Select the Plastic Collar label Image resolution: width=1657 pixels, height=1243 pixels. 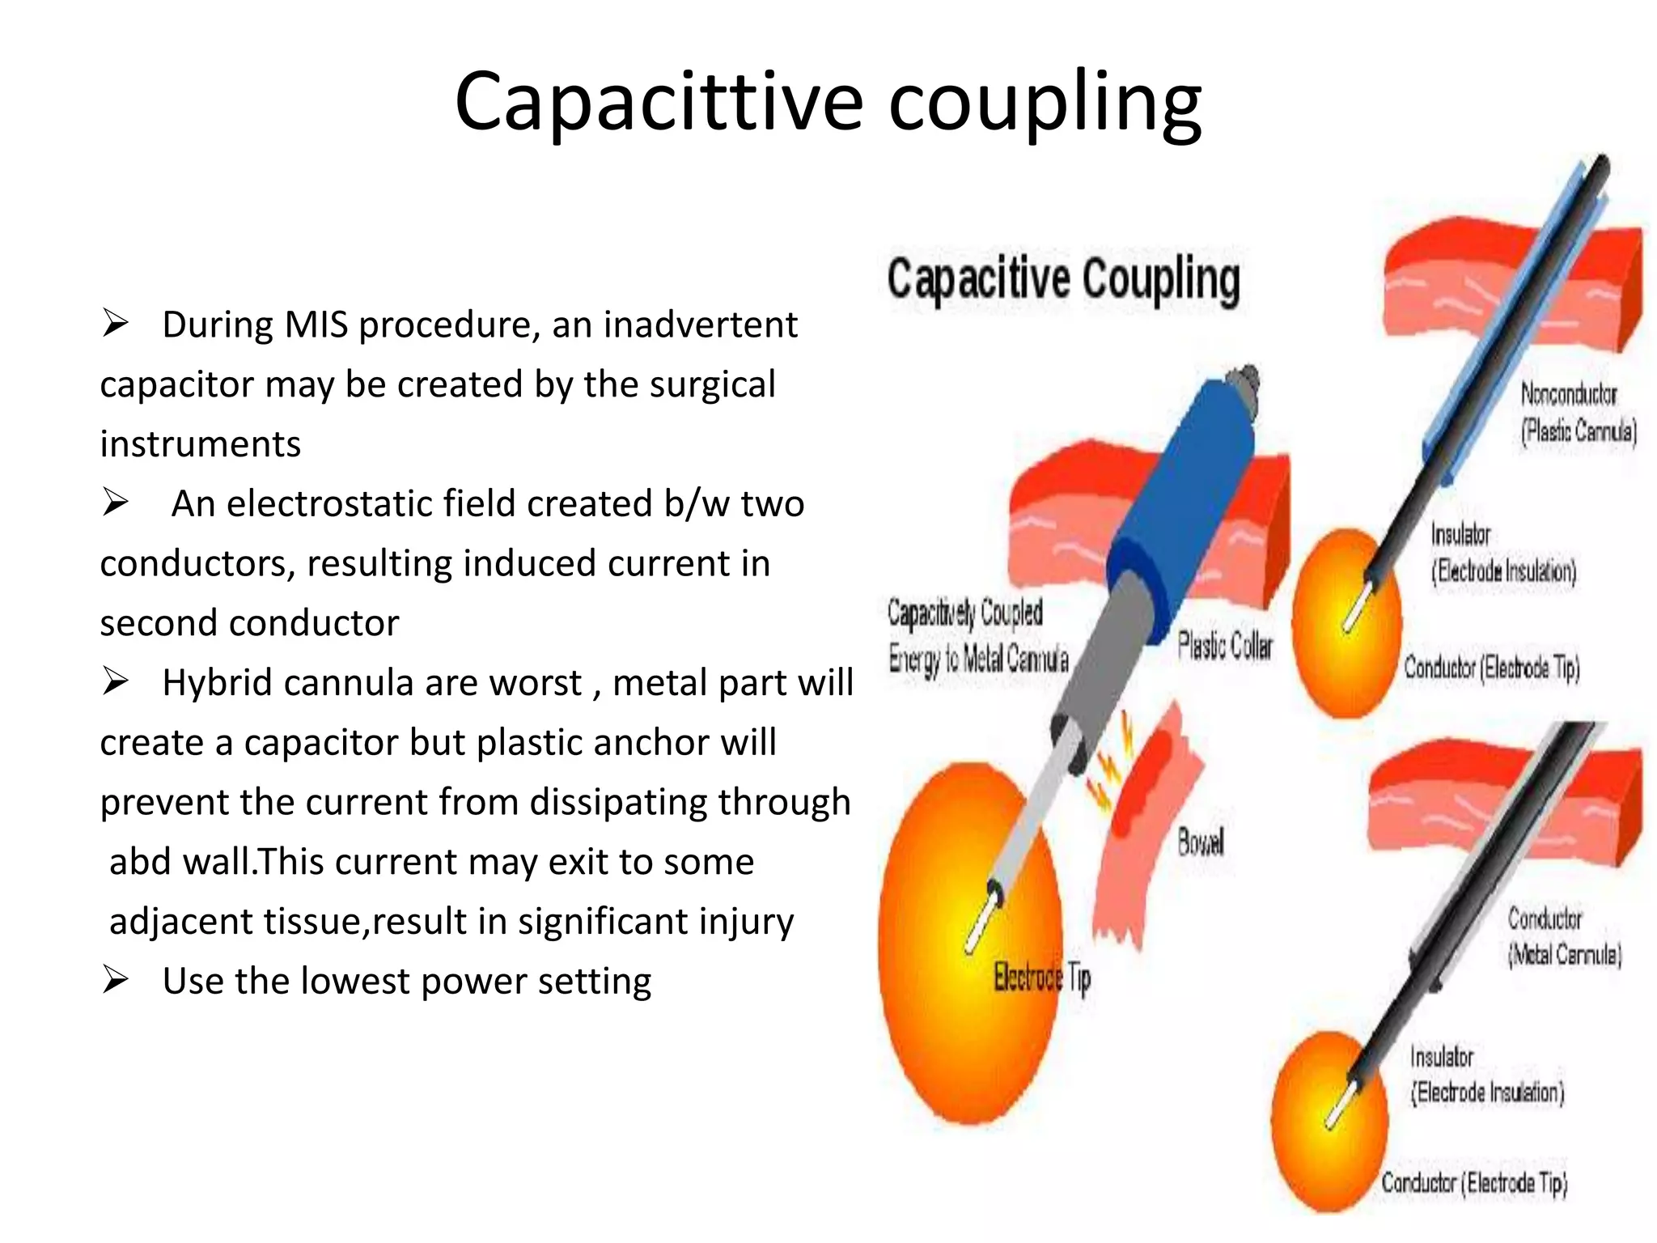(x=1224, y=647)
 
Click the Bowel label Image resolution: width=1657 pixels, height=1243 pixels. (x=1201, y=843)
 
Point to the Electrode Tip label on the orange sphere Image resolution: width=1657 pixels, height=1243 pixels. (x=1042, y=978)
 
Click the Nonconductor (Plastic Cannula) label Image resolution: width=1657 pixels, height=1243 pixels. (x=1577, y=413)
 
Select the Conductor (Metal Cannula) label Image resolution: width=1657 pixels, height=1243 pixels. (x=1563, y=937)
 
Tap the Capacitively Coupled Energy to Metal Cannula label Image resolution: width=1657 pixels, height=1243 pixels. (x=977, y=636)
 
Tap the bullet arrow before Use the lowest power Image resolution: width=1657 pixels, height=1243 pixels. (x=115, y=981)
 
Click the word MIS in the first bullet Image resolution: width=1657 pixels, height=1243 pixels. (x=316, y=325)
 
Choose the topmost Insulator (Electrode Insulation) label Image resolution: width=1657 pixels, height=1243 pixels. (x=1503, y=553)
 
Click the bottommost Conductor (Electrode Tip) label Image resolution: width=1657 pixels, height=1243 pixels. (x=1473, y=1183)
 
